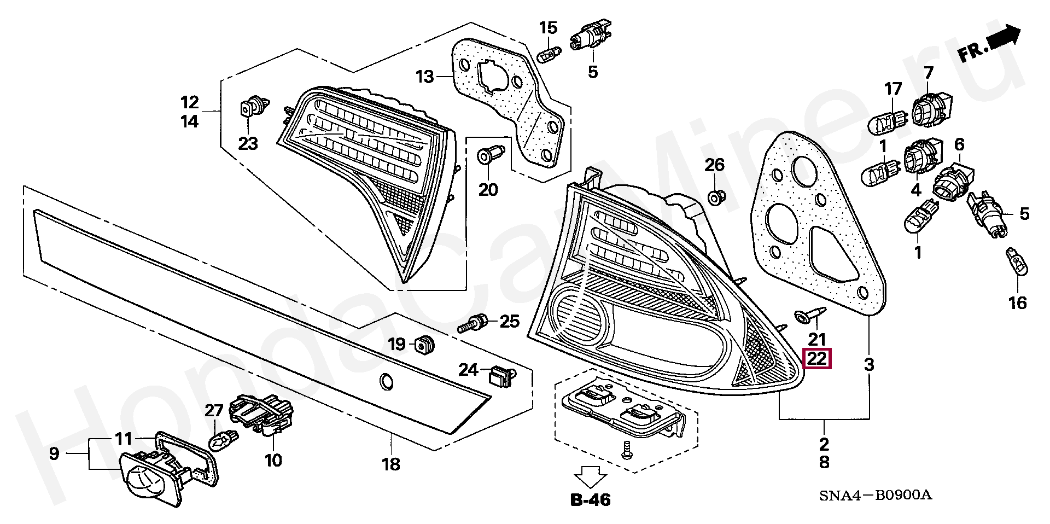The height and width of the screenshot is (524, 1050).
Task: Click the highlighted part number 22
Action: [816, 359]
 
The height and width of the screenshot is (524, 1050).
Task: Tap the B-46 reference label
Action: [591, 499]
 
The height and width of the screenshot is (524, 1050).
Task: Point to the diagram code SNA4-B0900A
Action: [875, 496]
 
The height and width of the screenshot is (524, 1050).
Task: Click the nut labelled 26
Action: [715, 196]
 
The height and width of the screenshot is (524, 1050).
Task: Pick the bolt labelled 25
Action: [473, 323]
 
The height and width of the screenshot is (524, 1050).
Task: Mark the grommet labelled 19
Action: [424, 344]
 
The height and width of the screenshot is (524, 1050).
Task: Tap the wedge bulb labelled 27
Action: [224, 439]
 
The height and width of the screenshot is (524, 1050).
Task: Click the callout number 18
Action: [391, 464]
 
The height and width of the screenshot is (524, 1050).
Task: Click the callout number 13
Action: [424, 77]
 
